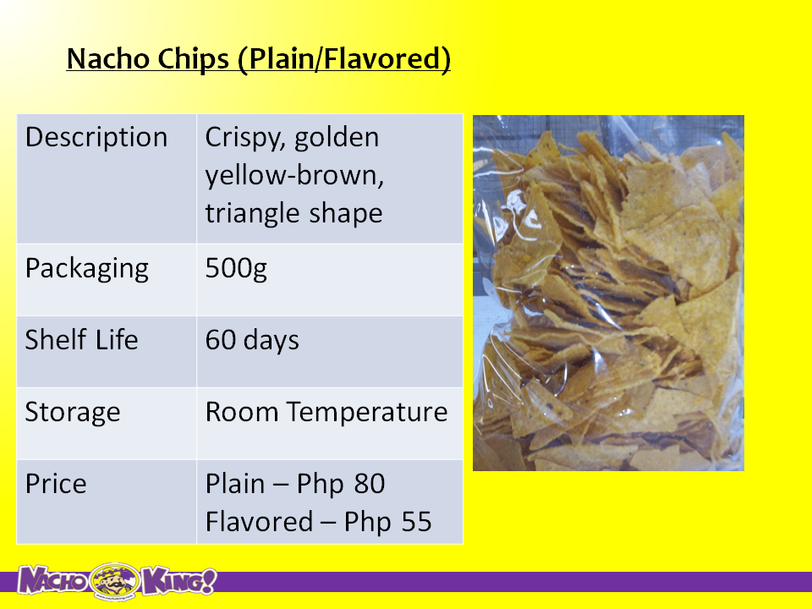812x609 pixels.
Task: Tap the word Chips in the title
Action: click(193, 59)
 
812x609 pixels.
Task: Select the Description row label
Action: click(96, 138)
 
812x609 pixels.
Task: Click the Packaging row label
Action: click(87, 269)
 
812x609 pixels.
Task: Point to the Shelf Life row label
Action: click(82, 340)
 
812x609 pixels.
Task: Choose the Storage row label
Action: click(73, 413)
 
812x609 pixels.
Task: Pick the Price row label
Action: click(56, 484)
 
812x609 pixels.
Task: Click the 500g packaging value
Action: click(236, 269)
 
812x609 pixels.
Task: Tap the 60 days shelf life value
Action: click(252, 341)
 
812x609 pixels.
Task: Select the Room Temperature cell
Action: click(326, 412)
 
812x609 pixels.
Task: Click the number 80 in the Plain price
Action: click(369, 484)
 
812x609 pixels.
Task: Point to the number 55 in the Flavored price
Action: click(416, 522)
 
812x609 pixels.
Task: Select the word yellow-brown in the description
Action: click(294, 176)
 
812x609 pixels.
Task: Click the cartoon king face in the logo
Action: click(115, 580)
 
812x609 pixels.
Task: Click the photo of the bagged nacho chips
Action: click(608, 294)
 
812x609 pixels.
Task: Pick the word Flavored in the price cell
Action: click(259, 522)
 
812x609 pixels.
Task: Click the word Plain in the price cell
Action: click(235, 484)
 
